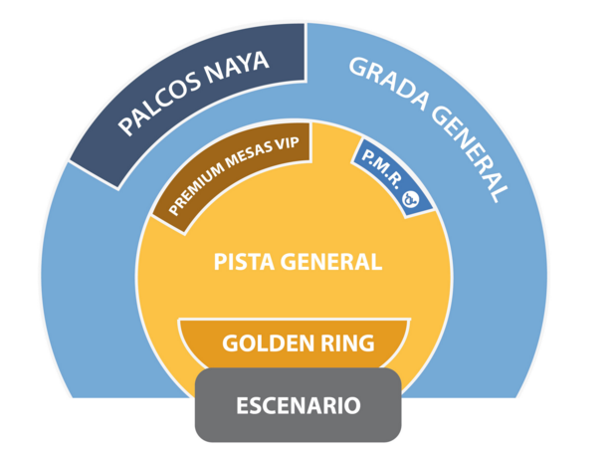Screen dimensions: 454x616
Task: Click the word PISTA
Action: coord(247,262)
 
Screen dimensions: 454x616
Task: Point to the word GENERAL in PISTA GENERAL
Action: coord(332,262)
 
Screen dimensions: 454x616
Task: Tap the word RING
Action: coord(344,343)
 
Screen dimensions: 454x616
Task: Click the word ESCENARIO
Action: coord(299,406)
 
